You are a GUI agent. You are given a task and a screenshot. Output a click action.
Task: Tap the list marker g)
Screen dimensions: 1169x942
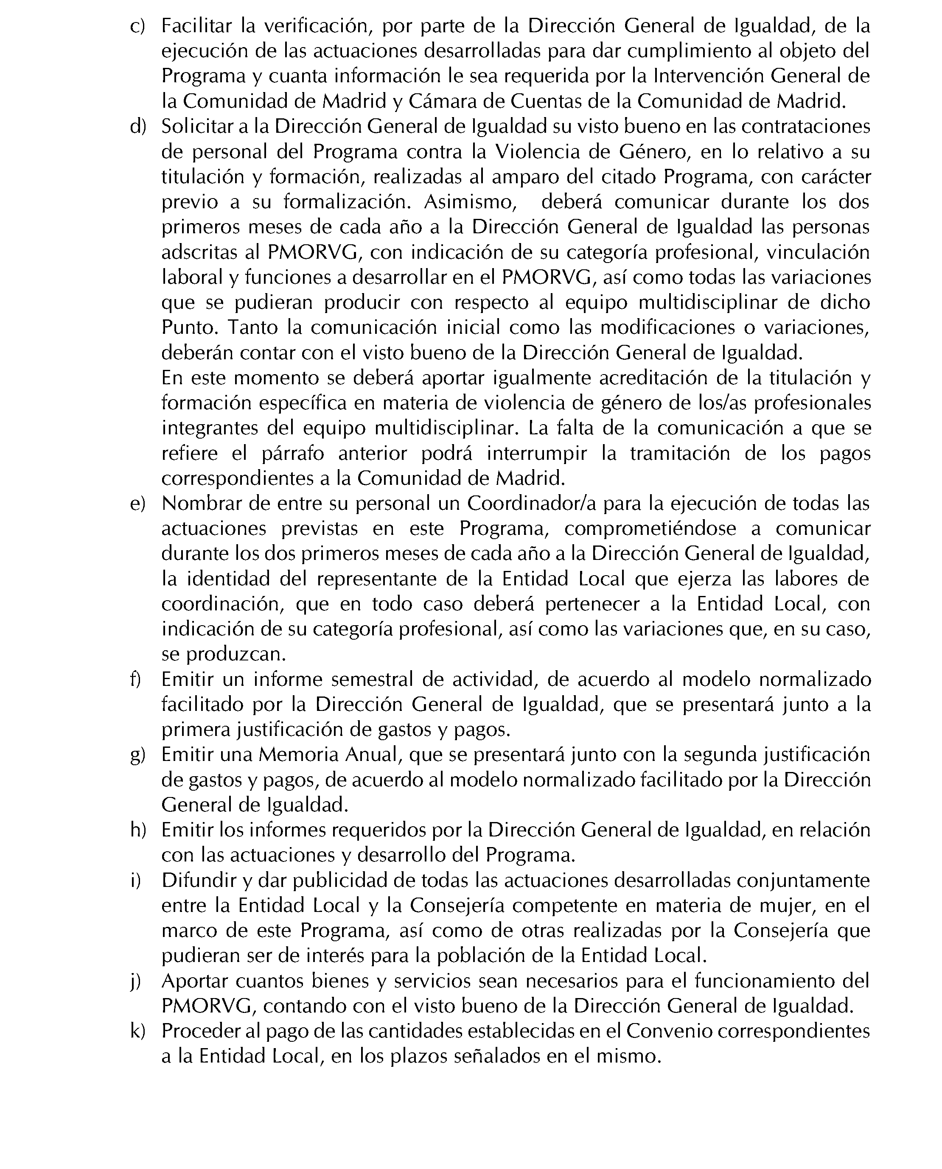pos(137,755)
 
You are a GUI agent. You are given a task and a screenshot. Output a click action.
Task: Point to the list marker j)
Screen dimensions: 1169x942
pos(136,982)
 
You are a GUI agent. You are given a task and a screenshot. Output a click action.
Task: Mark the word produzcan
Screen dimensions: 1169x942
pos(235,654)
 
